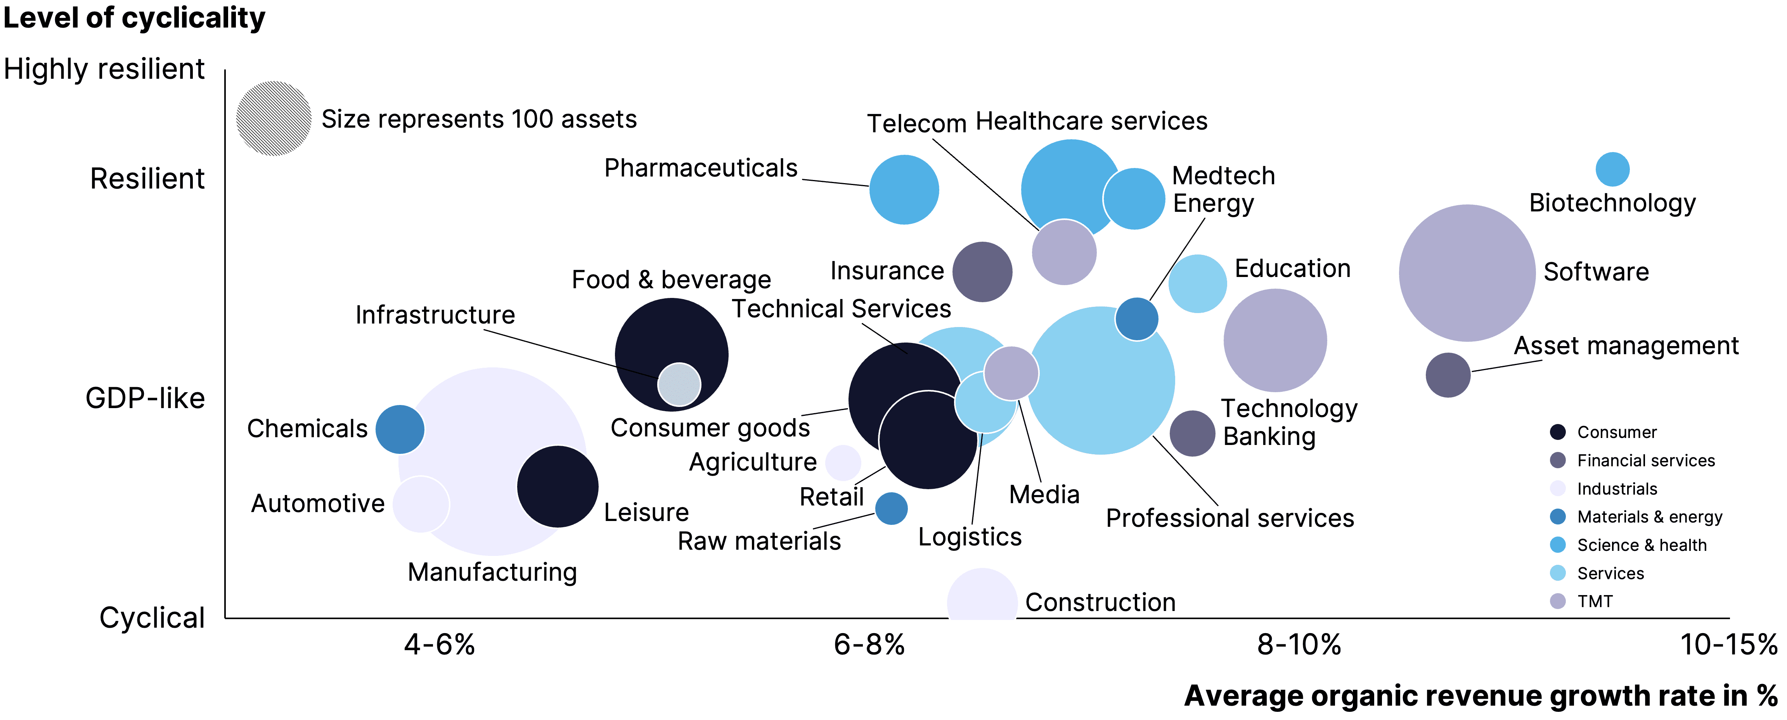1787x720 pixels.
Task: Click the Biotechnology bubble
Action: (1612, 169)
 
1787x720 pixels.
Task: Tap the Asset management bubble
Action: (1448, 375)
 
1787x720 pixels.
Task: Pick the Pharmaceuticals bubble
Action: (904, 189)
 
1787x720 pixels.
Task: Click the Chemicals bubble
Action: (400, 429)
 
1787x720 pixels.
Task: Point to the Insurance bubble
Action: (982, 272)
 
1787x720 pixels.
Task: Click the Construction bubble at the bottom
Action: (982, 597)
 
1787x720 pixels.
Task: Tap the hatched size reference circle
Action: (274, 119)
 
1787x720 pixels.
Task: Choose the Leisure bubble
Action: (557, 486)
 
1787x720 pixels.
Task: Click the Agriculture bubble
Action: (843, 463)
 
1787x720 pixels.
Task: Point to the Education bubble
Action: (1197, 283)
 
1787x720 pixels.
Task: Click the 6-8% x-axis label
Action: (869, 644)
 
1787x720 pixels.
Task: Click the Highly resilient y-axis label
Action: (104, 69)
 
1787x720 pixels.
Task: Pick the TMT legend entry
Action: (1593, 601)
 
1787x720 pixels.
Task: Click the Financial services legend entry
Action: (1645, 460)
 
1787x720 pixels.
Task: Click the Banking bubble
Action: (1192, 434)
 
